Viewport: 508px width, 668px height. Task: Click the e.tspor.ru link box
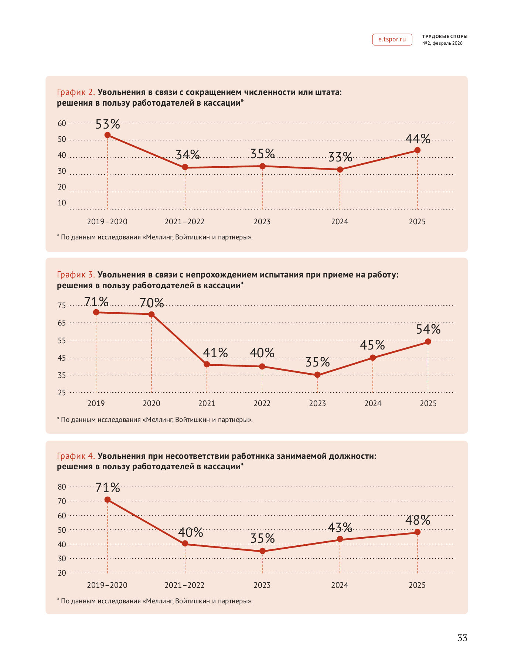coord(392,40)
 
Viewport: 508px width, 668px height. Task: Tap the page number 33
coord(462,638)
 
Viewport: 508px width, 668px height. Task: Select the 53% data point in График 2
coord(108,135)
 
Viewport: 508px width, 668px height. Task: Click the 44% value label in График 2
coord(418,139)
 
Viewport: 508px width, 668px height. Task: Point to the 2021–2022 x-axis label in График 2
coord(184,222)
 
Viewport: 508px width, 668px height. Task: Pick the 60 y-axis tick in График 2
coord(62,123)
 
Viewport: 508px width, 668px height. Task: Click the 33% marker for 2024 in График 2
coord(340,170)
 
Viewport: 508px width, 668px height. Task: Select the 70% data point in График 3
coord(151,314)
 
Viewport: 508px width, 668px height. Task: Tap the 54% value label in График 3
coord(428,329)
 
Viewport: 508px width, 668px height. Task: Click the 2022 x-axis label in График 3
coord(262,403)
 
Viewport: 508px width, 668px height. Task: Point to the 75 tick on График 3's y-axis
coord(62,306)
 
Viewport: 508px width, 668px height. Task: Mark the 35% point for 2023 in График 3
coord(317,375)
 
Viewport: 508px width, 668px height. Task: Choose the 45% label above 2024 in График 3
coord(372,345)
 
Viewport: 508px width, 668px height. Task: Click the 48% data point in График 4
coord(417,532)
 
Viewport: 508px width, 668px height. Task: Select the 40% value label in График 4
coord(191,532)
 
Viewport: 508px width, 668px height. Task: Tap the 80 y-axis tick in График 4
coord(62,487)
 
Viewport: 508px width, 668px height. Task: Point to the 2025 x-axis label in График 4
coord(417,585)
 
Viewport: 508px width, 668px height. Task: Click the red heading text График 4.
coord(76,456)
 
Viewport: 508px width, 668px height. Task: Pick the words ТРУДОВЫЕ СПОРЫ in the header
coord(445,37)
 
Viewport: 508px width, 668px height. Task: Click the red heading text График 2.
coord(76,92)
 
